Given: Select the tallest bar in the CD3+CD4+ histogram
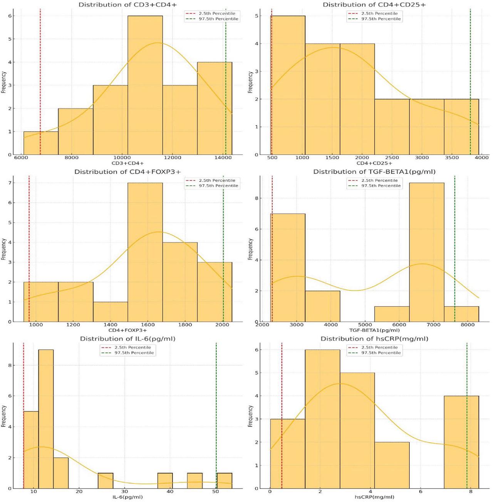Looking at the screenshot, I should tap(145, 85).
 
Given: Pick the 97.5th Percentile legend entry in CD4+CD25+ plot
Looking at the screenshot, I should tap(381, 18).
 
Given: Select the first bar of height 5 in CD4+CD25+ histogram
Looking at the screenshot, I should tap(288, 85).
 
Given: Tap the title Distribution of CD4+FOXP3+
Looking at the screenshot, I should tap(127, 172).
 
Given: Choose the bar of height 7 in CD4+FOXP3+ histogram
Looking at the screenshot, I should tap(145, 252).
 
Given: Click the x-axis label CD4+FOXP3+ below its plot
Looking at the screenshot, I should tap(127, 330).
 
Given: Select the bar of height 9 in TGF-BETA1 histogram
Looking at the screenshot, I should tap(426, 252).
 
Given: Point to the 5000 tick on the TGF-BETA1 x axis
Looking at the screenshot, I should tap(365, 325).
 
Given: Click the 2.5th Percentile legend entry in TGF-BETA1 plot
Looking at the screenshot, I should tap(379, 180).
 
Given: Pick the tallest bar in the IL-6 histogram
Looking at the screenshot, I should tap(46, 419).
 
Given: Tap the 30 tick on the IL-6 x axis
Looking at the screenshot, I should tap(124, 492).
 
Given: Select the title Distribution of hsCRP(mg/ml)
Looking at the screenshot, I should tap(374, 339).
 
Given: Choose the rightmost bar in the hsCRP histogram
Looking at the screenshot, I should tap(461, 442).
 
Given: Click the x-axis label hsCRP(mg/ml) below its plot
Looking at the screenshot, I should tap(374, 497).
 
